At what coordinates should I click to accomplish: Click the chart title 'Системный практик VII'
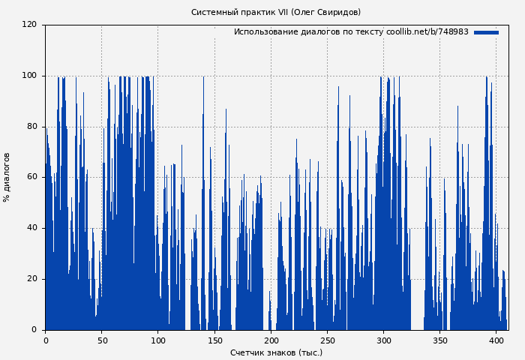tap(240, 12)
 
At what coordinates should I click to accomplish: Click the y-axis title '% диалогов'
tap(7, 177)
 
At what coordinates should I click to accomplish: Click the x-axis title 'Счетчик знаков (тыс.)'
tap(276, 352)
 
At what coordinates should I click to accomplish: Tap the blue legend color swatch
tap(486, 32)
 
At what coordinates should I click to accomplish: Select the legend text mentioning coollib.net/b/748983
tap(351, 32)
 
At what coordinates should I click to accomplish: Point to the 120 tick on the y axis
tap(29, 25)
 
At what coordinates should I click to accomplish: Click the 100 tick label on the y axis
tap(29, 76)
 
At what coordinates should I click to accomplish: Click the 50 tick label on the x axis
tap(102, 340)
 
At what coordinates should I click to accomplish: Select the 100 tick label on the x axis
tap(158, 340)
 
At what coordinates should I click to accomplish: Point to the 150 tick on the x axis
tap(214, 340)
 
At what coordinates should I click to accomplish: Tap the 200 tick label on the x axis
tap(271, 340)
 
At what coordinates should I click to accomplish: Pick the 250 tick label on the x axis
tap(327, 340)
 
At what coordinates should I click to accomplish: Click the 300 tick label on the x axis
tap(383, 340)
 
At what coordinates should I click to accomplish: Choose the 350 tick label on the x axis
tap(439, 340)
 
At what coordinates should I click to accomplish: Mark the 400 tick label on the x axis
tap(496, 340)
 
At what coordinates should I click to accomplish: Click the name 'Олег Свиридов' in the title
tap(325, 12)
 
